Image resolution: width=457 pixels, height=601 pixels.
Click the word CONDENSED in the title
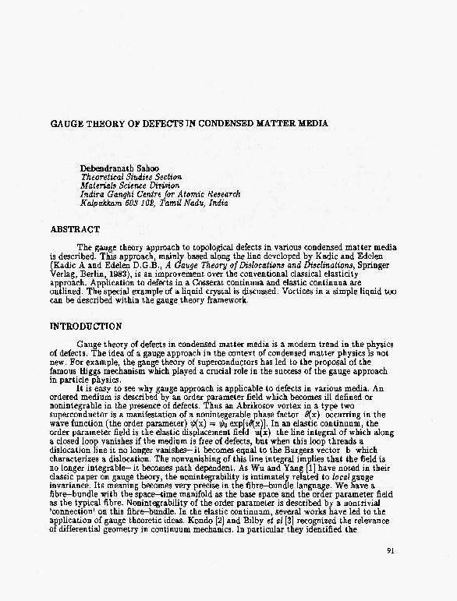[230, 124]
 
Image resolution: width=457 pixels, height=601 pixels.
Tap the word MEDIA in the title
[311, 124]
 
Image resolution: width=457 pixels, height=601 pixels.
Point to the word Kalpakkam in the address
[102, 203]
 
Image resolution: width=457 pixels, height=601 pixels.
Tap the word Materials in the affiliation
[101, 186]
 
